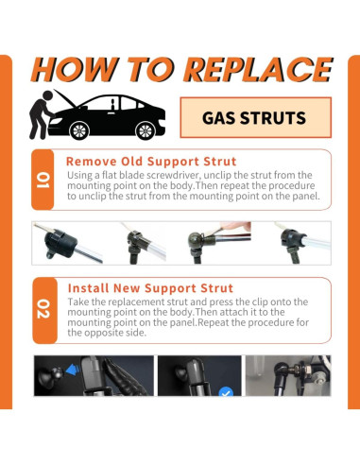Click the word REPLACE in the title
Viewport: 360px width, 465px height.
pos(258,69)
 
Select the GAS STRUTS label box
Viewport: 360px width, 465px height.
pos(255,117)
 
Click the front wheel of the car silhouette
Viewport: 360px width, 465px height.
pos(79,130)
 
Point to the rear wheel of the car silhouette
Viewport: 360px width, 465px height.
pos(146,130)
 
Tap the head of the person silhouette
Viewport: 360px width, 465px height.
pos(48,95)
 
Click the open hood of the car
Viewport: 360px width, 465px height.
pos(66,98)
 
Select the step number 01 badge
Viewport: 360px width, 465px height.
pos(43,180)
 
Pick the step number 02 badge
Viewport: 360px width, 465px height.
pos(44,310)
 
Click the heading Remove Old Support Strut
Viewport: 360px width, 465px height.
pos(151,162)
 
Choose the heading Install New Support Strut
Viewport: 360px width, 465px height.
pos(150,288)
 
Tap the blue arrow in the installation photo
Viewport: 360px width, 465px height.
pos(73,370)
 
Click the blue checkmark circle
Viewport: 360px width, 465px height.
pos(226,391)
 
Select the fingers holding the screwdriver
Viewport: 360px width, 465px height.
pos(234,226)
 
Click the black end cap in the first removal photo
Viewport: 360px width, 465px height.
pos(60,243)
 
